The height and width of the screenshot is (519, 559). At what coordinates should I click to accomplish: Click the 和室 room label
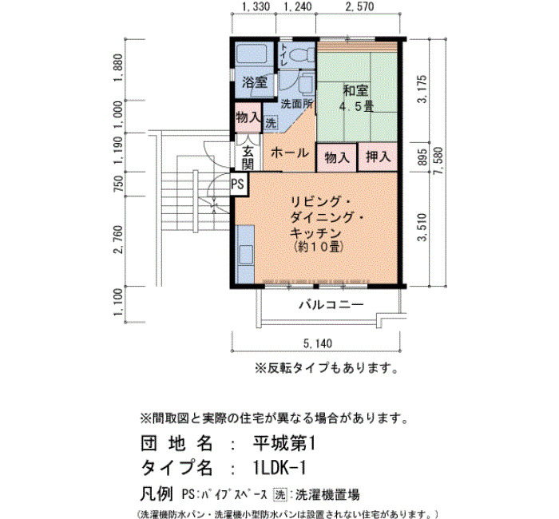coord(355,90)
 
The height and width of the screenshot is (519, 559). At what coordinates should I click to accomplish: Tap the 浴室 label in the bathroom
coord(255,82)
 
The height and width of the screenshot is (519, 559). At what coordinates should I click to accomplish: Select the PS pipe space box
coord(238,184)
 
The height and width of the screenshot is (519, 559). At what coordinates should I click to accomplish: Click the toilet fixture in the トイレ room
coord(301,56)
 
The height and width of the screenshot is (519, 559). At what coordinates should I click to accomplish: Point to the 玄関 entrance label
coord(248,158)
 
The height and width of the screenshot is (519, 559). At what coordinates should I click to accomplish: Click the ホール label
coord(289,153)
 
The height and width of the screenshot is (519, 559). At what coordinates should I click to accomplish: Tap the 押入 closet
coord(378,156)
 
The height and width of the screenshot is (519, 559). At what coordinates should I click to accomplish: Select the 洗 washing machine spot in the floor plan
coord(271,123)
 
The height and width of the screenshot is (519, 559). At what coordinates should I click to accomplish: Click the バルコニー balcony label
coord(331,304)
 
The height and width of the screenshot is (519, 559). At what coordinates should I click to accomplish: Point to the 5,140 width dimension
coord(318,343)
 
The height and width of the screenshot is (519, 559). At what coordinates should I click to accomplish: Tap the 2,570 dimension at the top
coord(359,6)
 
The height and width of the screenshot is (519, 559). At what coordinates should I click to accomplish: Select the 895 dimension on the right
coord(422,156)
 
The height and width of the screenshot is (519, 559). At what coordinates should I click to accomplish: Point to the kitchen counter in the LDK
coord(245,255)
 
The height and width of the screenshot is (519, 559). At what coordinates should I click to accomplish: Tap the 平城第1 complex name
coord(283,444)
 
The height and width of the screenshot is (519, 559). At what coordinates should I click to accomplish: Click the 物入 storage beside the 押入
coord(336,157)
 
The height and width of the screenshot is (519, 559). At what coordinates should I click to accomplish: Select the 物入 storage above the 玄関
coord(248,117)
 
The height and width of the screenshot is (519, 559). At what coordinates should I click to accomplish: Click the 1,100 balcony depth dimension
coord(119,303)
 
